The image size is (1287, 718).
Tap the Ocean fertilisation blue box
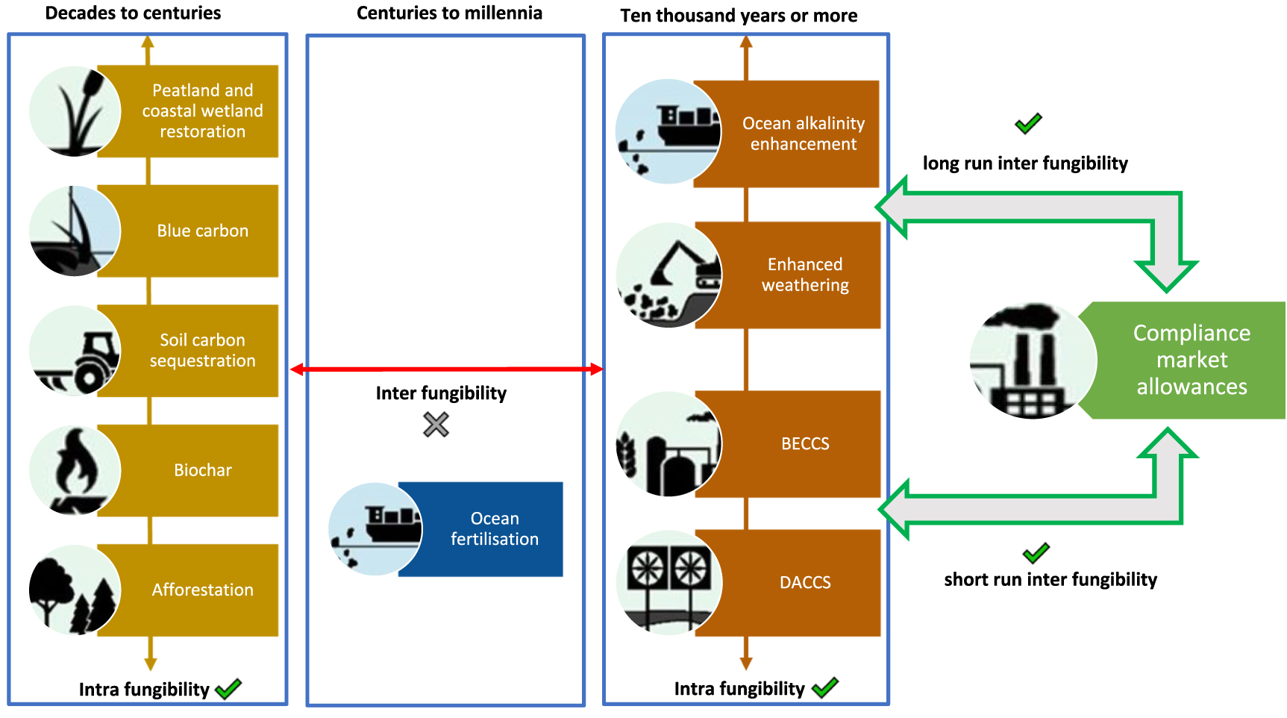coord(493,528)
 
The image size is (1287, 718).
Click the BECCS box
coord(804,443)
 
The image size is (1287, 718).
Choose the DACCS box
coord(804,582)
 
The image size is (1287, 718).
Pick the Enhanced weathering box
coord(804,275)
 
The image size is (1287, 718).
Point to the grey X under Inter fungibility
coord(436,425)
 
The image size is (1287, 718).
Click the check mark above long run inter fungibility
coord(1028,123)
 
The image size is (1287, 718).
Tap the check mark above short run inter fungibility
coord(1036,553)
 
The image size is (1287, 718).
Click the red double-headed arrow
coord(446,369)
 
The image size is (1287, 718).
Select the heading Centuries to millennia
coord(449,13)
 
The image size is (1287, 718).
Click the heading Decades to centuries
coord(133,13)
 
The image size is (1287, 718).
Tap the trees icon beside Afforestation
coord(75,590)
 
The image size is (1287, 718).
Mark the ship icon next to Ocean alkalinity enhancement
coord(668,131)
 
